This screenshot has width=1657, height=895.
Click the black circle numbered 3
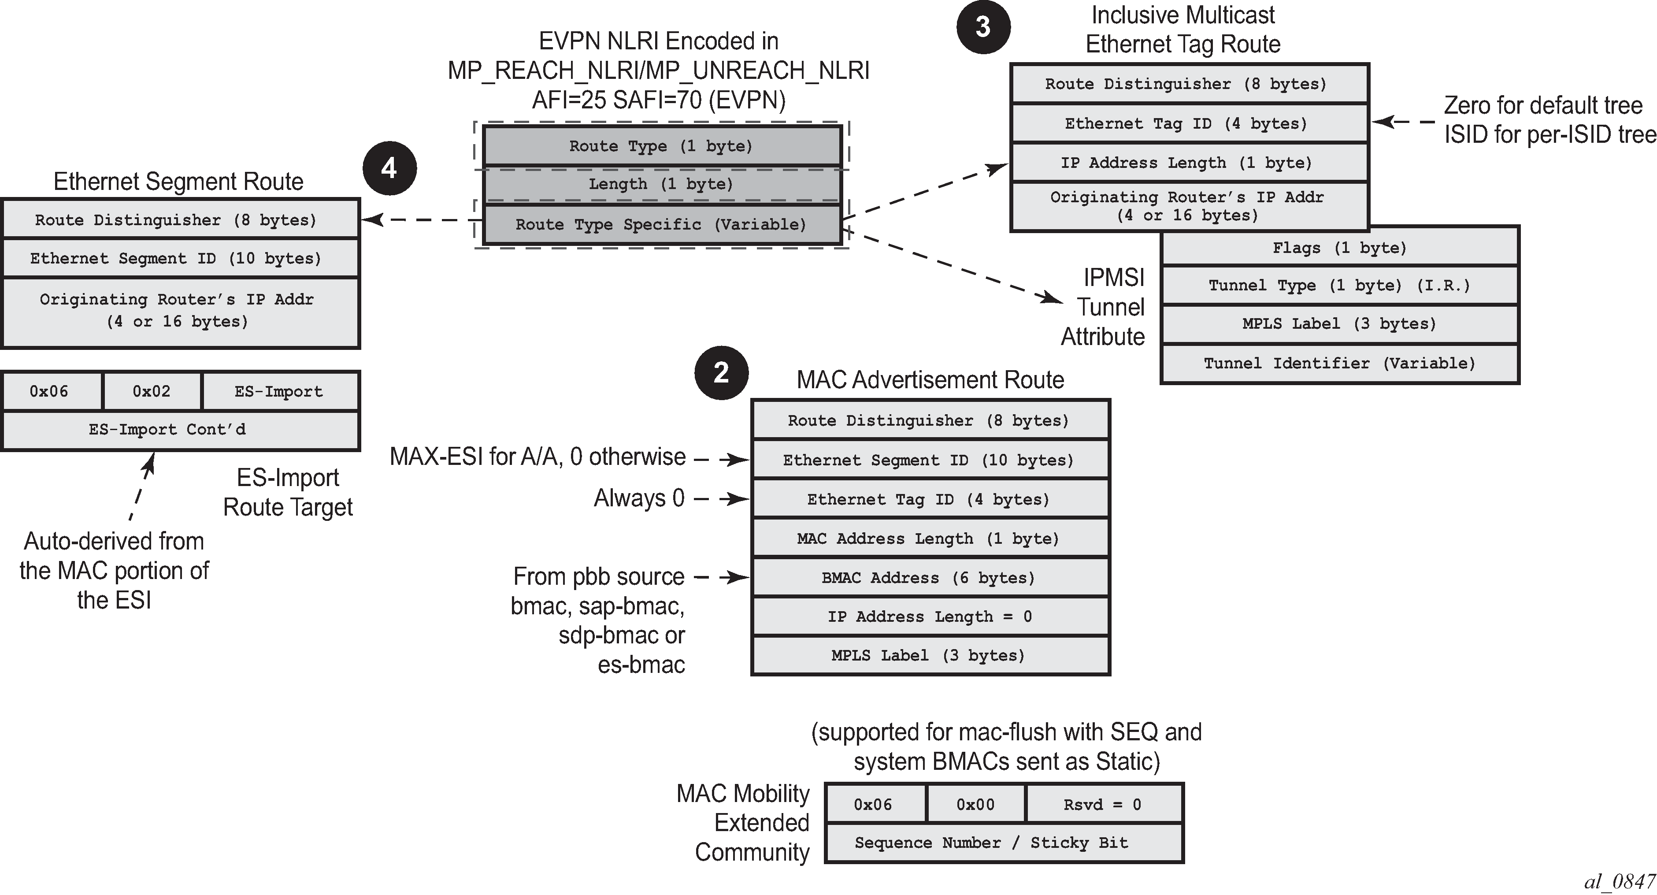(983, 27)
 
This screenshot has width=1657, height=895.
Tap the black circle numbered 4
(389, 169)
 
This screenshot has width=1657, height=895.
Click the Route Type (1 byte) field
(661, 146)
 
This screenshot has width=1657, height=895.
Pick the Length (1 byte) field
(661, 185)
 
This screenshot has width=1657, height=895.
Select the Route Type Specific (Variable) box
(661, 225)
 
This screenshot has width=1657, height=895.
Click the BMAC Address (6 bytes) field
(930, 578)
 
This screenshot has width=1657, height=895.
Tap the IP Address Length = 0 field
(930, 617)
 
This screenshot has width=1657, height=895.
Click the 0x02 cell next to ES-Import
(152, 391)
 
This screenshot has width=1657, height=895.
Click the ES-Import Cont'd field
(167, 430)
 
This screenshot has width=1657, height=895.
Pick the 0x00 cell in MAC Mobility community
(975, 804)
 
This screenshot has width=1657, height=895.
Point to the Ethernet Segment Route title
(178, 182)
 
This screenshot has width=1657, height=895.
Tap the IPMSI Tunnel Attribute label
(1102, 307)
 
